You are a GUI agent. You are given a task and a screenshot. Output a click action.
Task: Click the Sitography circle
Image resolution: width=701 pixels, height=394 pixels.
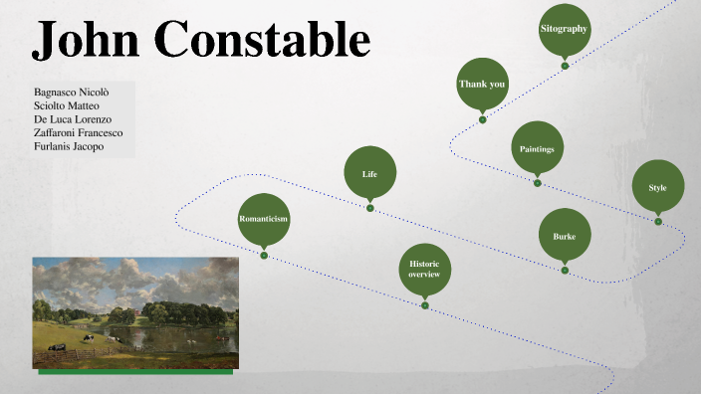click(x=565, y=30)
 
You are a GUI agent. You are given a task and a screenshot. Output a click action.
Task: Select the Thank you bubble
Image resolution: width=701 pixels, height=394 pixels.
click(x=482, y=85)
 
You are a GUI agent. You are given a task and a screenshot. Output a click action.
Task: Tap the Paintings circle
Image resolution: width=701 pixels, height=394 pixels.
click(x=537, y=147)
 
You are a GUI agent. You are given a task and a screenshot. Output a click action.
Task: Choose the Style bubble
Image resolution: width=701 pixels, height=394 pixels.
click(x=658, y=187)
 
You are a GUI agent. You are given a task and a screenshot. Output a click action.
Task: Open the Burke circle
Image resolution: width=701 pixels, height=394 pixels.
click(x=565, y=236)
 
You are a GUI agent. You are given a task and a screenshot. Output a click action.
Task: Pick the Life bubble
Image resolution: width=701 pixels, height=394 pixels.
click(x=369, y=174)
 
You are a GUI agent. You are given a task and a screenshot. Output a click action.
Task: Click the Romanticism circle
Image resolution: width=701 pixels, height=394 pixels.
click(x=264, y=219)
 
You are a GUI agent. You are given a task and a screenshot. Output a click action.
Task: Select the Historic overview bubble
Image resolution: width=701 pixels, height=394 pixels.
click(x=425, y=269)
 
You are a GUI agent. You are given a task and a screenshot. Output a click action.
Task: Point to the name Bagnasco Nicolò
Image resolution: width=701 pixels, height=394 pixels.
click(x=72, y=91)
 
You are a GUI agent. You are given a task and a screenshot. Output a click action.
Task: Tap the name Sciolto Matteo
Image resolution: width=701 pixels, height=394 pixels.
click(x=67, y=104)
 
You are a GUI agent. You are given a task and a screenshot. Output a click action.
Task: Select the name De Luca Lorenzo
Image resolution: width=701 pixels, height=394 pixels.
click(x=73, y=118)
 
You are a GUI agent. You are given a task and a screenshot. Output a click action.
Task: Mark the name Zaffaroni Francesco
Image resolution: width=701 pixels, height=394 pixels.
click(x=79, y=132)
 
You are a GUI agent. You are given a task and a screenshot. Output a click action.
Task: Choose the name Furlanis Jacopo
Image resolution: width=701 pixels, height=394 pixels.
click(x=69, y=146)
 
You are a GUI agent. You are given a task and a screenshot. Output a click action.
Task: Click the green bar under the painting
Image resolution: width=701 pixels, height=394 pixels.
click(x=135, y=372)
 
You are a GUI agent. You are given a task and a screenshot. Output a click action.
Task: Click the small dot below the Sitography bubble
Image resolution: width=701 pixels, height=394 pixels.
click(x=565, y=66)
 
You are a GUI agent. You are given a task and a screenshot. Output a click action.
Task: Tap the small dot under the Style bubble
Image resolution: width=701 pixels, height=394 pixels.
click(x=658, y=222)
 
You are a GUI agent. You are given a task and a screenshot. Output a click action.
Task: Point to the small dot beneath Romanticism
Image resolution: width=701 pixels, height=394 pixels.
click(x=264, y=256)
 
